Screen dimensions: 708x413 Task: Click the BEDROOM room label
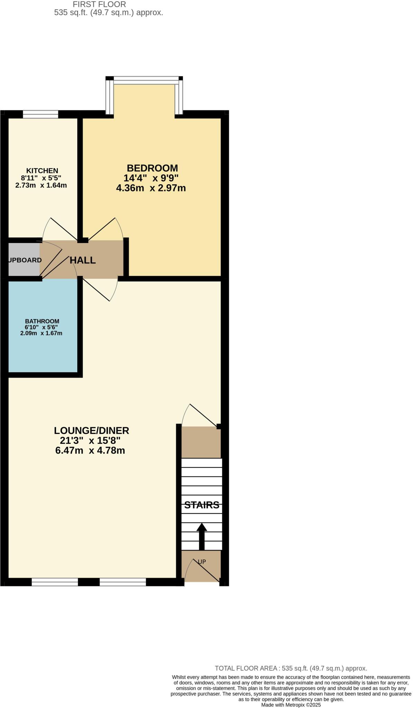click(152, 168)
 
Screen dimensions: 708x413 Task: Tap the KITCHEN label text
click(42, 171)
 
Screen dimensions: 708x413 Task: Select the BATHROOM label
click(42, 321)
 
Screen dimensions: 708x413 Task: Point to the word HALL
click(83, 260)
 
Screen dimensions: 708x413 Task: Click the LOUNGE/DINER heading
click(91, 430)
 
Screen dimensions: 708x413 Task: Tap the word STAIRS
click(201, 505)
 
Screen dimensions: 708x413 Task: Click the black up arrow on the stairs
click(202, 536)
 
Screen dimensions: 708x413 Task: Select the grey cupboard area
click(24, 260)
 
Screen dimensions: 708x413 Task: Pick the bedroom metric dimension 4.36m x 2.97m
click(151, 188)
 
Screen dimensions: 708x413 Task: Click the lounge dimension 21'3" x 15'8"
click(90, 441)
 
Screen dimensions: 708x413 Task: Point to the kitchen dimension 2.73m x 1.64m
click(41, 185)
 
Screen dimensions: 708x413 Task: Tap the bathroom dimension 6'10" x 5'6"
click(41, 327)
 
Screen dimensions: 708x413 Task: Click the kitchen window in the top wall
click(41, 114)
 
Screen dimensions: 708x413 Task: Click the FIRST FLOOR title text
click(99, 4)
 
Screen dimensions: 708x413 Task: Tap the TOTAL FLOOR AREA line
click(291, 668)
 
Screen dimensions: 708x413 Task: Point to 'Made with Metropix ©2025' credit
click(291, 705)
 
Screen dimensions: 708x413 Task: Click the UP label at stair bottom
click(202, 562)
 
